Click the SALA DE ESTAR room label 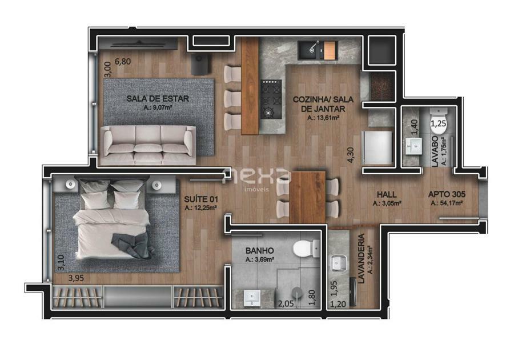(x=158, y=98)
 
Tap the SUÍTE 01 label (x=201, y=199)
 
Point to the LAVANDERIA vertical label (x=362, y=258)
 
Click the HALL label (x=387, y=194)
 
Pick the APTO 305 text (x=447, y=194)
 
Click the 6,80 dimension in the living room (x=123, y=62)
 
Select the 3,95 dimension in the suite (x=76, y=278)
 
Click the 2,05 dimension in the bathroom (x=286, y=304)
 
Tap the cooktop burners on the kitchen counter (x=271, y=99)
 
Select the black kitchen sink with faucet (x=311, y=50)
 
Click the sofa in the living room (x=148, y=145)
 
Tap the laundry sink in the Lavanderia (x=338, y=263)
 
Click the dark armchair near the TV (x=201, y=64)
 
